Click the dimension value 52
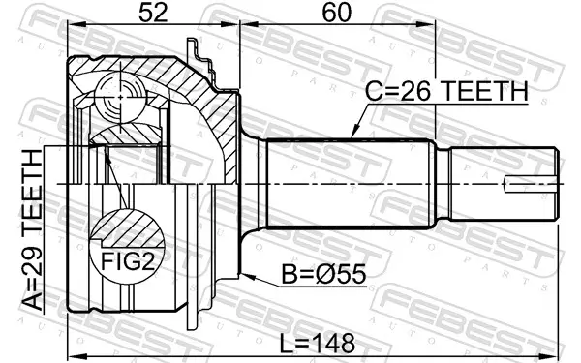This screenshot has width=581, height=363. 153,13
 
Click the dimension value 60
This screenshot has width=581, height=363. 336,13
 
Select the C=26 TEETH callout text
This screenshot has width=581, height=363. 446,91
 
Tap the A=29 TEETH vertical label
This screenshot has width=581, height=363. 33,230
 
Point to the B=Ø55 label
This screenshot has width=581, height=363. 323,275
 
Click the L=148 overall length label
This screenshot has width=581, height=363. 318,343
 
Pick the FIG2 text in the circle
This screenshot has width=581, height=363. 128,261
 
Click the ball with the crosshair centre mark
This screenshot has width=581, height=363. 120,97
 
